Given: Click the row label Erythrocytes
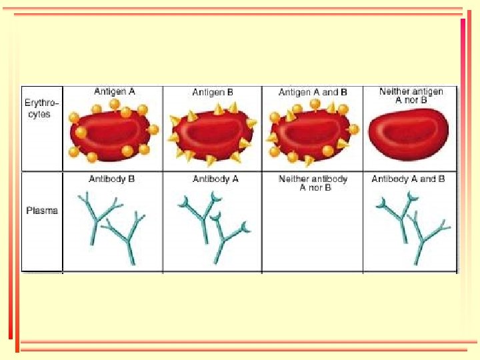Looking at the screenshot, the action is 42,109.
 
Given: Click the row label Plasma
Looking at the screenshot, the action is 42,211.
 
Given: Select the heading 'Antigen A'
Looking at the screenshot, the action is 114,92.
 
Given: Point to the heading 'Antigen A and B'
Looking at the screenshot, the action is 313,92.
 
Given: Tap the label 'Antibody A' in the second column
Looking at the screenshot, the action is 212,179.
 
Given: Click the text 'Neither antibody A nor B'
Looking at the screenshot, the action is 313,183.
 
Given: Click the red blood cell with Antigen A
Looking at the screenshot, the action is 112,133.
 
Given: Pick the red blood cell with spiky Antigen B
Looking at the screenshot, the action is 212,134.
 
